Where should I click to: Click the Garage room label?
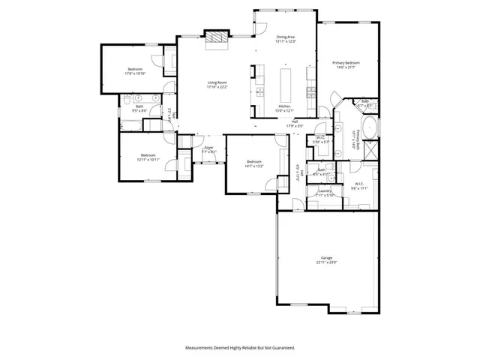pyautogui.click(x=327, y=257)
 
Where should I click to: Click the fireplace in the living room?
pyautogui.click(x=217, y=39)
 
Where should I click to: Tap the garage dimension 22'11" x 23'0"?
pyautogui.click(x=327, y=262)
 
